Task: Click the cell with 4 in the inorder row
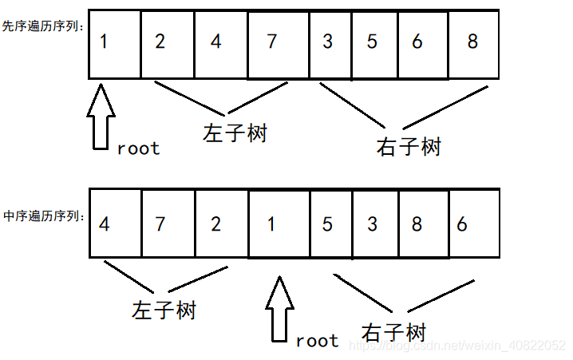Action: [115, 224]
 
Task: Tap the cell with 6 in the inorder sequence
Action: [473, 224]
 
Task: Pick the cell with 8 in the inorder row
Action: [417, 224]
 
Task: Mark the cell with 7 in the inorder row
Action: [167, 224]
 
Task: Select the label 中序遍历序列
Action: [43, 216]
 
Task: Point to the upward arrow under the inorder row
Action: [279, 311]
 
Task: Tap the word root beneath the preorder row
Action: [138, 148]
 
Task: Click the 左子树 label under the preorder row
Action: [234, 132]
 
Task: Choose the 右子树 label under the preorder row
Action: [408, 146]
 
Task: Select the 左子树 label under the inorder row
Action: [163, 309]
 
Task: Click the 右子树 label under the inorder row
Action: [393, 331]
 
